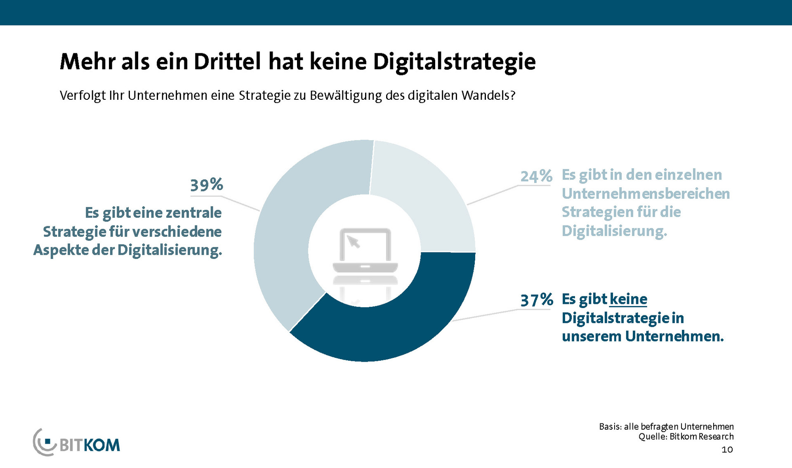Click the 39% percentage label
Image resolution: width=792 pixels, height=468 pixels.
(x=206, y=185)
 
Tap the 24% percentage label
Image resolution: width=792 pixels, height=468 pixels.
(x=536, y=176)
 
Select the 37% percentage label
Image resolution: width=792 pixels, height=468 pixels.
(x=536, y=300)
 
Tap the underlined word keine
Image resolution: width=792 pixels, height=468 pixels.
(x=628, y=299)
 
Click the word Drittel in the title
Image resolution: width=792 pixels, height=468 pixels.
(x=227, y=62)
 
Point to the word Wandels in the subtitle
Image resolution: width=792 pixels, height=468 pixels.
(x=488, y=95)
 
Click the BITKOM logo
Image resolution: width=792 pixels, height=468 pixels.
(x=77, y=443)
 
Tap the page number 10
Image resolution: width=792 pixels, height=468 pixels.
(x=727, y=449)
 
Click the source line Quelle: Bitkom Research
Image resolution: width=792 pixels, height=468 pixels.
(x=686, y=437)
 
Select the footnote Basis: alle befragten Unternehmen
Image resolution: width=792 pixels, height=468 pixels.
(x=666, y=426)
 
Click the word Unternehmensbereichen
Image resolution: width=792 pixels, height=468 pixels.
(x=646, y=193)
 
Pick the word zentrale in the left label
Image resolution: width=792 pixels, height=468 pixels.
(x=193, y=213)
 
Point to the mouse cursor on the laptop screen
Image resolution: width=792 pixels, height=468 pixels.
(x=353, y=241)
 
